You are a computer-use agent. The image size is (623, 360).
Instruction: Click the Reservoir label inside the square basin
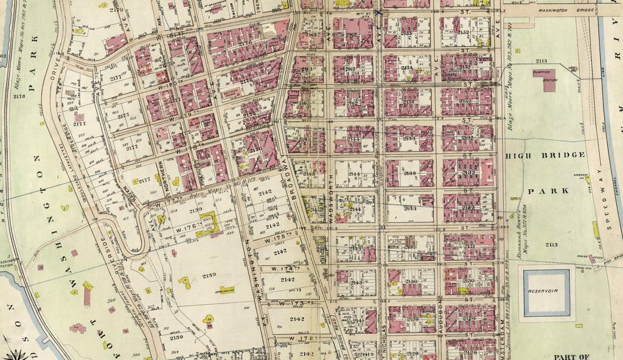coord(547,291)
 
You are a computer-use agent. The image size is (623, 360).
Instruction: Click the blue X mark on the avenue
coord(378,12)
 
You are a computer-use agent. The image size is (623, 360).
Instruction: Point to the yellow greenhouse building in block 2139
coord(227,289)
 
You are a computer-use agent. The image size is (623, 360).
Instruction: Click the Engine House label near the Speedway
coord(585,257)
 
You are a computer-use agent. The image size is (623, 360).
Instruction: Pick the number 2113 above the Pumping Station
coord(541,61)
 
